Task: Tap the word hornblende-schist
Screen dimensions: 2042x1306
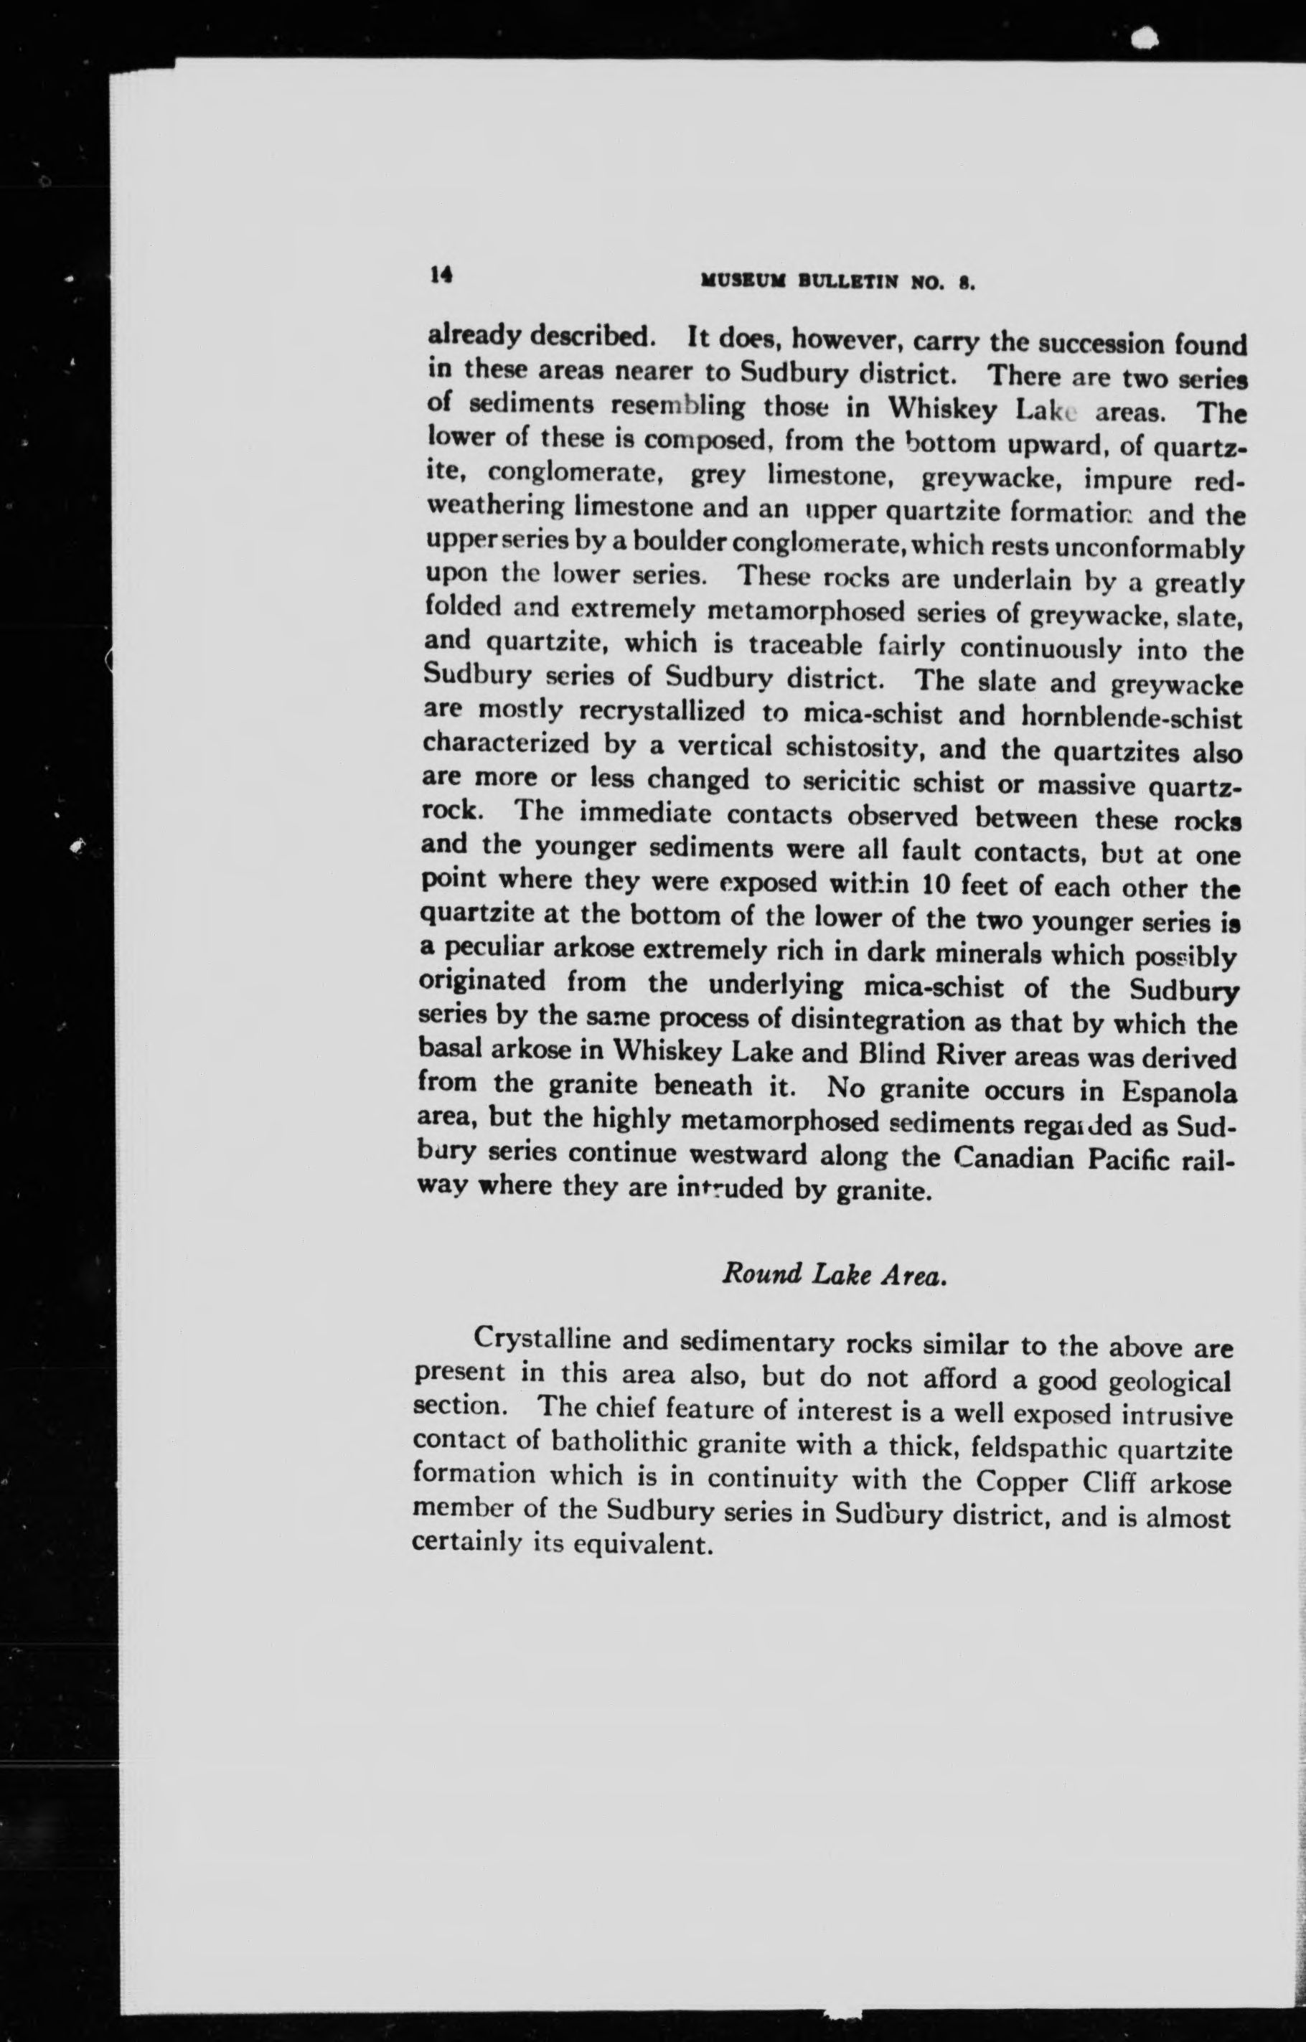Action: coord(1132,717)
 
